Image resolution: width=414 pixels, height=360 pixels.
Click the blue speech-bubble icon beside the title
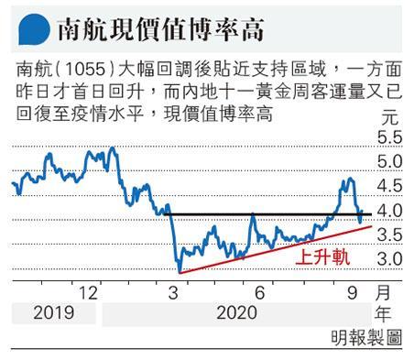34,29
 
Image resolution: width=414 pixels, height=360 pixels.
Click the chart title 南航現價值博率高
160,29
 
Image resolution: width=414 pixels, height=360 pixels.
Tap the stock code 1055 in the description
85,70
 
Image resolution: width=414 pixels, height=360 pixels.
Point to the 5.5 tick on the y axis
390,137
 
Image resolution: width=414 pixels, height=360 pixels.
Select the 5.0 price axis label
390,161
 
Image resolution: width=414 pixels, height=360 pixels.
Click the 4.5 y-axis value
390,186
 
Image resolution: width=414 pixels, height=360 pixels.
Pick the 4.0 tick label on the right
390,211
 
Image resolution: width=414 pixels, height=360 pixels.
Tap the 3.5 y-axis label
390,235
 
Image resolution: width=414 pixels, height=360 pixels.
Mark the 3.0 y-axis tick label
390,259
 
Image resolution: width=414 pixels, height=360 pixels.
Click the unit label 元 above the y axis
390,117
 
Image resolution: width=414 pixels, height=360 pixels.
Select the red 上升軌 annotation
322,257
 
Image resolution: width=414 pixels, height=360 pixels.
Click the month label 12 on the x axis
88,293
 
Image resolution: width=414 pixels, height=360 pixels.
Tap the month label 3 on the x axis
173,293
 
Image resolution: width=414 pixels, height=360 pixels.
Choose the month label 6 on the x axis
259,293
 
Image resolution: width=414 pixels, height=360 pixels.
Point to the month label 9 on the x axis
352,293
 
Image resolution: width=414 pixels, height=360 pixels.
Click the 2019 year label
54,313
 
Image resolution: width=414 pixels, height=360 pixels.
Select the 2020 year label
236,313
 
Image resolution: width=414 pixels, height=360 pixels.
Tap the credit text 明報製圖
366,338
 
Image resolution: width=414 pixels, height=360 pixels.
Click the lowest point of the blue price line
180,272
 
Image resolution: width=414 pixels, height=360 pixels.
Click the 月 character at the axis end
383,292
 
